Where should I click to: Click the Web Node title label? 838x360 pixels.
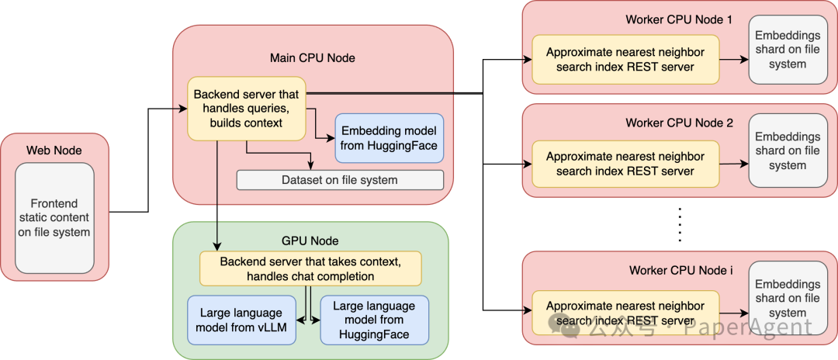click(x=54, y=150)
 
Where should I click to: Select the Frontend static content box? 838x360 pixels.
click(x=54, y=218)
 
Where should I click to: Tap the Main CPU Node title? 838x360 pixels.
click(x=313, y=58)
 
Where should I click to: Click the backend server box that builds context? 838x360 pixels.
click(x=246, y=109)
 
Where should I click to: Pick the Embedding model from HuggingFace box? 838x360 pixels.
click(x=388, y=138)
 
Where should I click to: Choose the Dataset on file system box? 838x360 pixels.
click(x=340, y=180)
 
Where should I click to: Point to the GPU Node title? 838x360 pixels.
click(x=310, y=241)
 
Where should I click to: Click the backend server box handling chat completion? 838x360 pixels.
click(x=310, y=268)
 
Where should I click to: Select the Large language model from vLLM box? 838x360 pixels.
click(x=242, y=320)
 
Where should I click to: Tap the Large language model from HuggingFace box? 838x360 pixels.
click(x=374, y=320)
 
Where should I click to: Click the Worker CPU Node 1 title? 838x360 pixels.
click(x=679, y=19)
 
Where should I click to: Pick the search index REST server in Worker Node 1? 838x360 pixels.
click(x=625, y=60)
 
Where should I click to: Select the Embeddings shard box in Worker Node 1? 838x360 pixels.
click(x=787, y=50)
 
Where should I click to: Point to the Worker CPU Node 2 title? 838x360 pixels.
click(x=679, y=123)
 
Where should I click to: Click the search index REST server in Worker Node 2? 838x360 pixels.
click(x=625, y=164)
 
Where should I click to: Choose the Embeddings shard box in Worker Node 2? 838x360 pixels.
click(x=787, y=151)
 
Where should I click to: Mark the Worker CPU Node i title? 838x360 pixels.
click(x=679, y=270)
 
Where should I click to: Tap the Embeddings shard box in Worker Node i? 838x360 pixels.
click(x=787, y=299)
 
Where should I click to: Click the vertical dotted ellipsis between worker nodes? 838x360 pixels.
click(x=680, y=225)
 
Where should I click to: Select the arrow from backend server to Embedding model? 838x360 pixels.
click(x=320, y=128)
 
